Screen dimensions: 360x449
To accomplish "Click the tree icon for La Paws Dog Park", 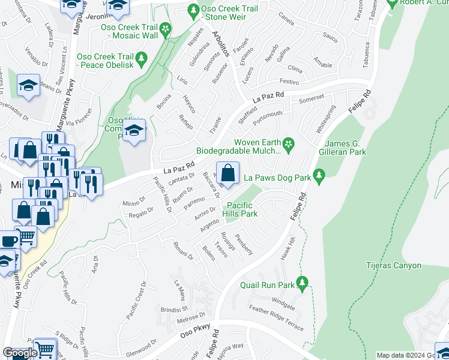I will pyautogui.click(x=319, y=175).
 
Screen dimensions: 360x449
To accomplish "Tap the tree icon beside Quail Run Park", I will pyautogui.click(x=303, y=282).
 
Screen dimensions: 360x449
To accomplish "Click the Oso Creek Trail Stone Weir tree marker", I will pyautogui.click(x=193, y=10).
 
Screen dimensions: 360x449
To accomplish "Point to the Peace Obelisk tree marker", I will pyautogui.click(x=142, y=59).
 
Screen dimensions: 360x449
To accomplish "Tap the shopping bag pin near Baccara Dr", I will pyautogui.click(x=228, y=173).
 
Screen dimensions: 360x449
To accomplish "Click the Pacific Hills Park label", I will pyautogui.click(x=240, y=209).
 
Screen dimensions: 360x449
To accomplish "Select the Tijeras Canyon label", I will pyautogui.click(x=394, y=265).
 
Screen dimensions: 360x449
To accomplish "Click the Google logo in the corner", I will pyautogui.click(x=20, y=353).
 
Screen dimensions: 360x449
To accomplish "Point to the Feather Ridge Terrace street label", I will pyautogui.click(x=277, y=319).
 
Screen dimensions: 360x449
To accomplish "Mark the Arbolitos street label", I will pyautogui.click(x=220, y=45).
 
